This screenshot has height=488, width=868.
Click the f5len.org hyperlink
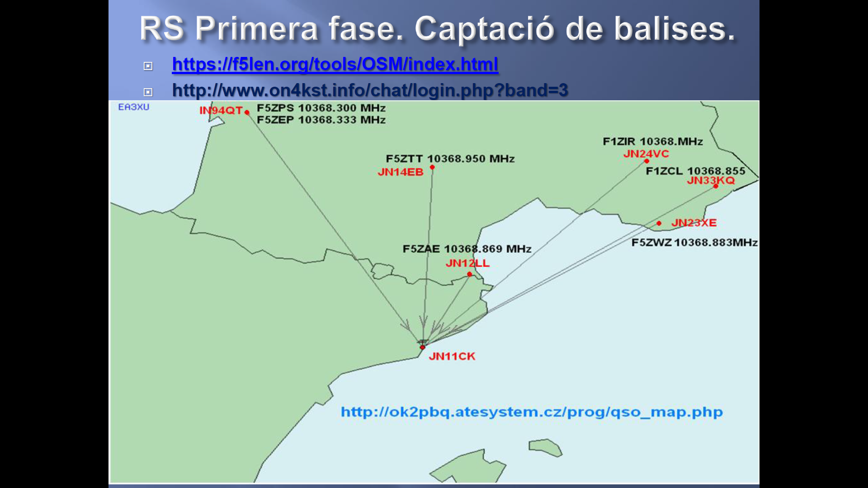[335, 64]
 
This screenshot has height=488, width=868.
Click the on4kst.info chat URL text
[370, 90]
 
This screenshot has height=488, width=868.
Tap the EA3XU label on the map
[133, 107]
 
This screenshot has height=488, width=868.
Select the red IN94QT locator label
[221, 111]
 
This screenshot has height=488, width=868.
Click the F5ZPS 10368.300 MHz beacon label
[321, 108]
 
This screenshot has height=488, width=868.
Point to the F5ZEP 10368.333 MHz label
[321, 120]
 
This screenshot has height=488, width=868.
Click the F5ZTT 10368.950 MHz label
[450, 159]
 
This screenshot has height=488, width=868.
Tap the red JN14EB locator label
[401, 172]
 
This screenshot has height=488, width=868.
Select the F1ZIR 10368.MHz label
[653, 141]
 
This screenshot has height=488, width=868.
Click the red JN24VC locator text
[646, 154]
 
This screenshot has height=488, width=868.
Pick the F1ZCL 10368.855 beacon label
[695, 171]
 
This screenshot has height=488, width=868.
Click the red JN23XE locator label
[694, 223]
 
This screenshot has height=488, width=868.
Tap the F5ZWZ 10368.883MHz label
[694, 243]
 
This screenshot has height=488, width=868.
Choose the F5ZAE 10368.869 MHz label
[467, 249]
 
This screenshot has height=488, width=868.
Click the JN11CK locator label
[452, 357]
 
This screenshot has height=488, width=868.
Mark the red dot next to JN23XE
[659, 223]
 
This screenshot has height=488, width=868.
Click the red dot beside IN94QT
[247, 113]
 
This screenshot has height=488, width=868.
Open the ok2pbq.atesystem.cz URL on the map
[532, 412]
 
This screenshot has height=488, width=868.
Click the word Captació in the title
[484, 28]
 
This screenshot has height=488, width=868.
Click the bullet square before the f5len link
[148, 66]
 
